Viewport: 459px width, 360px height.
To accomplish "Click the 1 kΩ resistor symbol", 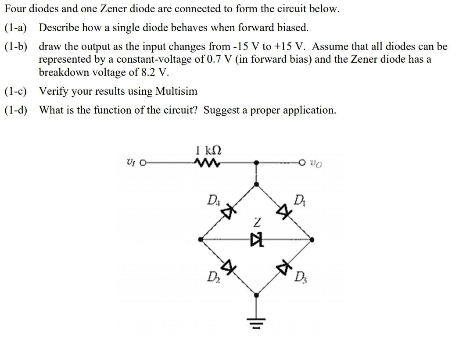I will (204, 163).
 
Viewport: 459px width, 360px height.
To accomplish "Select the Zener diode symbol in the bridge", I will (256, 239).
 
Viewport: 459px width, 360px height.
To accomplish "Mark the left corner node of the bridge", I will (201, 239).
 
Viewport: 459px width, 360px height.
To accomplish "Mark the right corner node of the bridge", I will (312, 239).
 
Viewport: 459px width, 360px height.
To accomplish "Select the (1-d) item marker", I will (15, 110).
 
